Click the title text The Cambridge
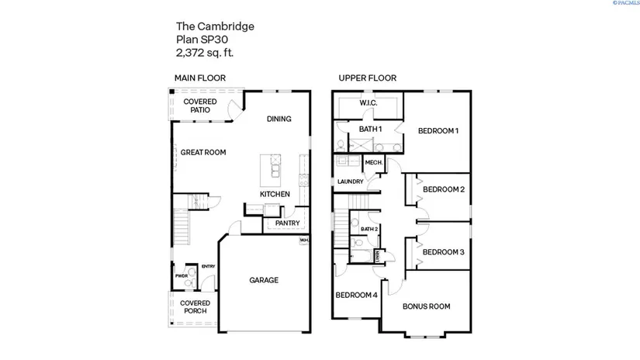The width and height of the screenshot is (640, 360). tap(215, 26)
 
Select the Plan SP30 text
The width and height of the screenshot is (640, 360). tap(204, 40)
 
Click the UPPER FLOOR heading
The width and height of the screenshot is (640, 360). tap(367, 78)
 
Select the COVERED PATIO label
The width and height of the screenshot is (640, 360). tap(199, 106)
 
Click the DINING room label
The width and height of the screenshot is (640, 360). tap(278, 119)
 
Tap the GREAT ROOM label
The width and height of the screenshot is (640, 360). tap(203, 153)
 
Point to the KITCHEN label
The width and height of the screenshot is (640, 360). tap(275, 194)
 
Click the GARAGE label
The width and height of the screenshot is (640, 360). tap(264, 280)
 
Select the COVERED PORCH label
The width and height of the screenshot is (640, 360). tap(195, 307)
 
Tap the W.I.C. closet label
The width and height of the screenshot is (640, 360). tap(368, 102)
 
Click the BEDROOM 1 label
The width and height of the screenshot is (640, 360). tap(438, 130)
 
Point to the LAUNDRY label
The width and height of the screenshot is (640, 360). tap(351, 182)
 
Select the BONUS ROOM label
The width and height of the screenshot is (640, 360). tap(427, 306)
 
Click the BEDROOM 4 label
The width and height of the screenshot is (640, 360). tap(356, 295)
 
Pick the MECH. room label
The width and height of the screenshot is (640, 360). tap(373, 162)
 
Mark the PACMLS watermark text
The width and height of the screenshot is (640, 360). tap(624, 4)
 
